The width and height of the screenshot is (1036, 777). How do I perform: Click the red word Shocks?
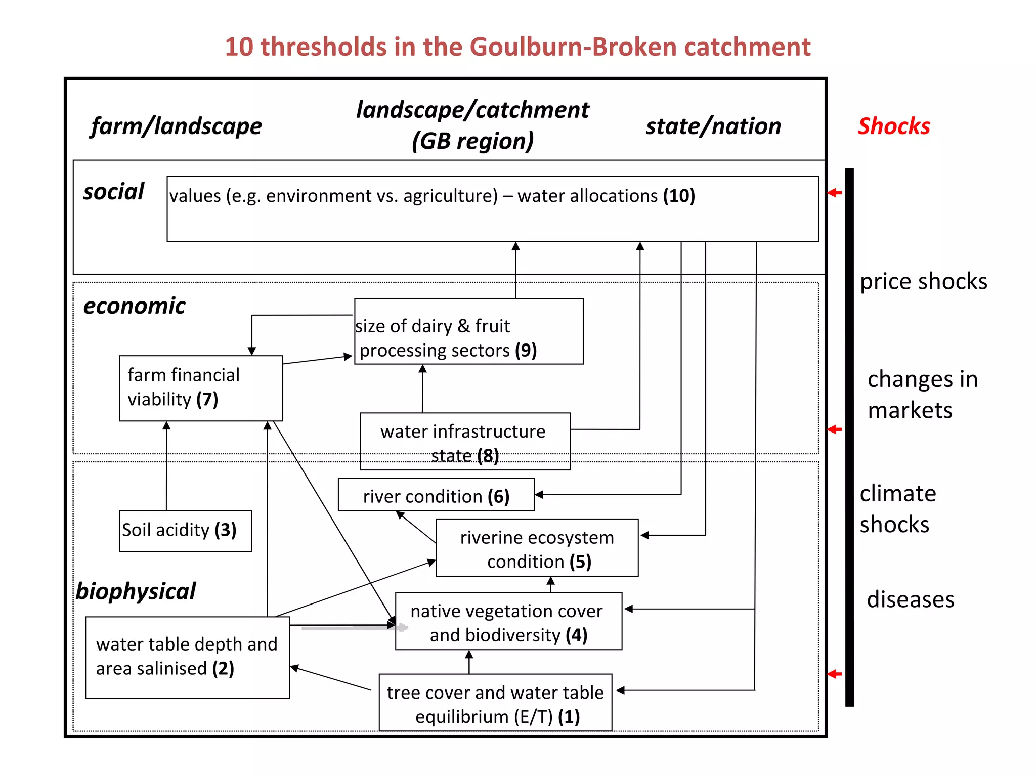(x=893, y=126)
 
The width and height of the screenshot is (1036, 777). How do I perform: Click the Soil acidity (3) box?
(x=185, y=531)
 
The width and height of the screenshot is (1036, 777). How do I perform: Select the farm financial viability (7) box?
(x=201, y=388)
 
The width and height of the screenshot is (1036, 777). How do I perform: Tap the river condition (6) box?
(x=436, y=495)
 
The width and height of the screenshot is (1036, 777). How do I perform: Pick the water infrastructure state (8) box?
(x=464, y=441)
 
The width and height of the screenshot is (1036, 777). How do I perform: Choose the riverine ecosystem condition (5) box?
(x=537, y=548)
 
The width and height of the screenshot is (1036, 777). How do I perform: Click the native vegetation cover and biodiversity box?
(x=508, y=621)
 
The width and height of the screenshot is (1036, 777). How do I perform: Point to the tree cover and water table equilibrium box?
(x=495, y=703)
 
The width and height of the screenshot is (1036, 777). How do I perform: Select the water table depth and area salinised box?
(x=187, y=657)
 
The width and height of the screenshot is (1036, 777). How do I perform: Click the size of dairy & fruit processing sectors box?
(x=468, y=332)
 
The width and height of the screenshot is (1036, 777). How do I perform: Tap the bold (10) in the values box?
(x=679, y=196)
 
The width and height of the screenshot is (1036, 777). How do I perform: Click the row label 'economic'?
(x=134, y=306)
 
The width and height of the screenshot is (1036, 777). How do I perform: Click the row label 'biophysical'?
(x=136, y=591)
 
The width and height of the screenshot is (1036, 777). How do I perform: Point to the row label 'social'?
(x=113, y=192)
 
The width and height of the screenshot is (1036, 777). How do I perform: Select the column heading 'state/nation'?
(x=713, y=126)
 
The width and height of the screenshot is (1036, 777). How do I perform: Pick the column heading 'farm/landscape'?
(x=177, y=126)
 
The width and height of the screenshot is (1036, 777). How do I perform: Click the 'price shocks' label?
(x=923, y=281)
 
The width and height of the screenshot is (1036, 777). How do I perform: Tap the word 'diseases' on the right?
(x=910, y=599)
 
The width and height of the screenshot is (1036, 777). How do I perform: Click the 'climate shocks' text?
(x=897, y=508)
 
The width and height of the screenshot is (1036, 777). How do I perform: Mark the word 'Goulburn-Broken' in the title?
(x=573, y=47)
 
